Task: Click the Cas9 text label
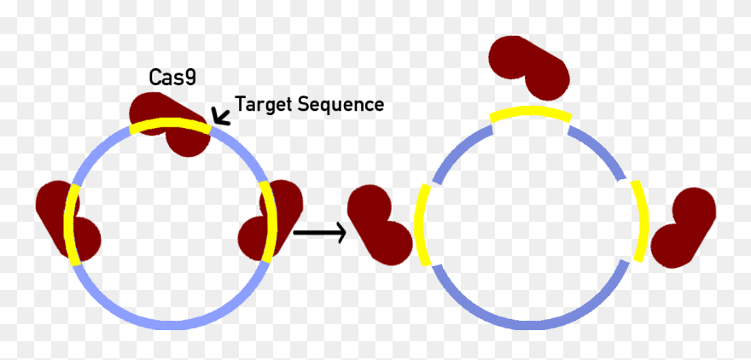[172, 78]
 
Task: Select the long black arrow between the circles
[318, 230]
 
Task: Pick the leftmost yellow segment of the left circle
[71, 224]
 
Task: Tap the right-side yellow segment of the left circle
[272, 221]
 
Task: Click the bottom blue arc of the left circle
[172, 322]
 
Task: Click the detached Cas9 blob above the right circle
[527, 64]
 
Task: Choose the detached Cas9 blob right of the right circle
[684, 227]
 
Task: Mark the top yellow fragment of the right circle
[529, 114]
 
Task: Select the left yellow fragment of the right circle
[420, 224]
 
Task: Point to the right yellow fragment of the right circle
[641, 221]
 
